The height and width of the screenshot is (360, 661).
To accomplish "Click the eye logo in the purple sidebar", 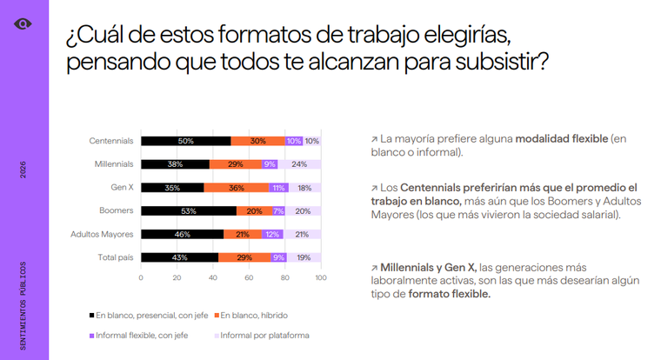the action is point(23,24).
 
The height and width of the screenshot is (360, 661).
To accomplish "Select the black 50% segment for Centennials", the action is point(186,141).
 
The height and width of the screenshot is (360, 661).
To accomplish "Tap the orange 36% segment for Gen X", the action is point(237,188).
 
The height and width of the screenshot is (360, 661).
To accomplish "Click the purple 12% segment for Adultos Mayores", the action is point(272,235).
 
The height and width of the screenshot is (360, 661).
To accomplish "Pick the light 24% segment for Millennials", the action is point(299,164).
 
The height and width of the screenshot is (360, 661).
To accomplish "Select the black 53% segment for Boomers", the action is point(189,210).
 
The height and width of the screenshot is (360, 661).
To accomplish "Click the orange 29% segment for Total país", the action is point(244,257).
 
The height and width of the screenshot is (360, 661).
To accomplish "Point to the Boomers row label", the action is point(116,210).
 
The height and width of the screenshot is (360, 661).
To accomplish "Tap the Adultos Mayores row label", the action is point(102,235).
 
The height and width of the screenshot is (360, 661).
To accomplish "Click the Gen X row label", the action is point(122,187).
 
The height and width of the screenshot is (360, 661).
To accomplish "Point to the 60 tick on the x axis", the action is point(249,277).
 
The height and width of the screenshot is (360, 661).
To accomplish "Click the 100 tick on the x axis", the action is point(321,277).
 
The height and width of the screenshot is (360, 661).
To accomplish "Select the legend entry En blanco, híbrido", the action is point(251,316).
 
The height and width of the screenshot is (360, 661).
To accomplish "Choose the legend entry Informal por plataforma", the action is point(262,336).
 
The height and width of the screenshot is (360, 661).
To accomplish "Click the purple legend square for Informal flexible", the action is point(91,336).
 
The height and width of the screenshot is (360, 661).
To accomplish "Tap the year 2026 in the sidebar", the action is point(23,170).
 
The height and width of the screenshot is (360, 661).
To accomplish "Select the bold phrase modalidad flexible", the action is point(562,138).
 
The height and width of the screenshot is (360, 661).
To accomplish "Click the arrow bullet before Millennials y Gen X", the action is point(374,268).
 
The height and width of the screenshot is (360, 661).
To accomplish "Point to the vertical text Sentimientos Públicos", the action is point(23,305).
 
